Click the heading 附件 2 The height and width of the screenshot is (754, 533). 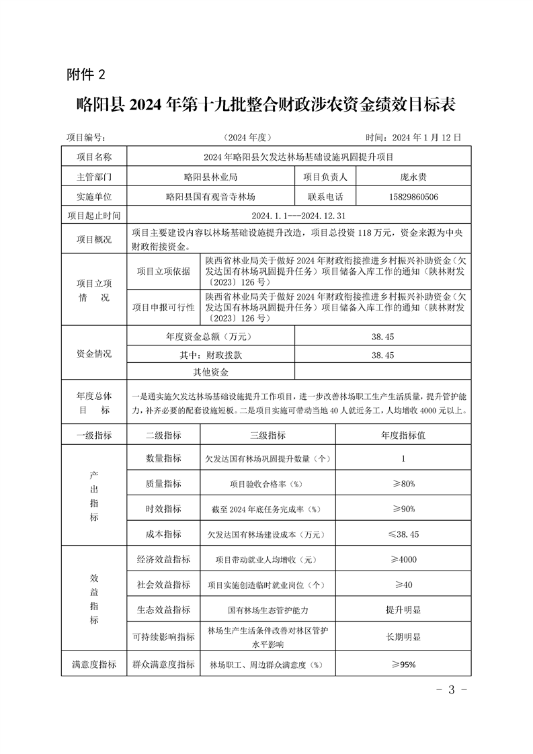[x=87, y=73]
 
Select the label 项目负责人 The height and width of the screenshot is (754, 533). [x=325, y=177]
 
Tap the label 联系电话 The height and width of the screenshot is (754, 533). [x=325, y=197]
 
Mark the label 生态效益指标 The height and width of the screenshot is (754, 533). [x=163, y=610]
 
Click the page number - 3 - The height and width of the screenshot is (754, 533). [x=451, y=690]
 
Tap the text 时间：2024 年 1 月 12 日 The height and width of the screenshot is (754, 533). [x=412, y=137]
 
